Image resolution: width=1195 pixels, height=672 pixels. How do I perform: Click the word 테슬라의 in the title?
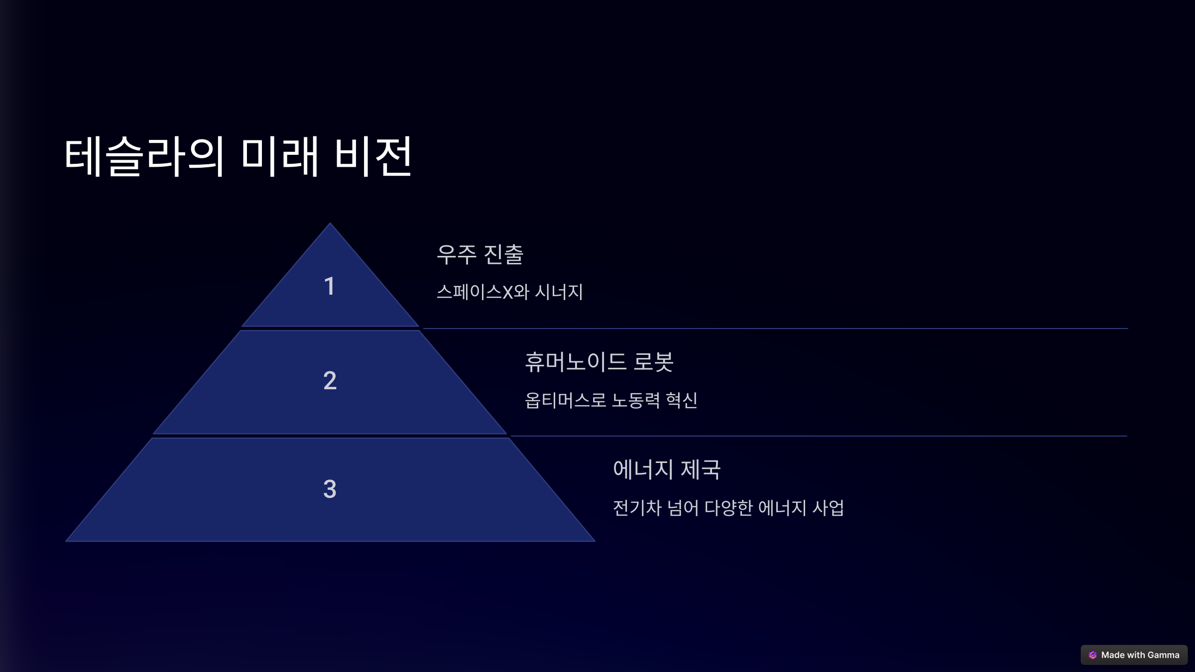144,156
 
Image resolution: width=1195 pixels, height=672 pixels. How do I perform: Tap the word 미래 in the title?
279,156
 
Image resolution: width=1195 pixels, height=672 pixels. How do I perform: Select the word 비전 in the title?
373,156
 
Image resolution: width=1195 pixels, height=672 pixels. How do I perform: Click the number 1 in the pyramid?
329,286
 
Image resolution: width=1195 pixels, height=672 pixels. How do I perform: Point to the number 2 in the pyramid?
330,381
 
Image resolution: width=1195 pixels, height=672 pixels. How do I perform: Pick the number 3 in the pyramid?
330,489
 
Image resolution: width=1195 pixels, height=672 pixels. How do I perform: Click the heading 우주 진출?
479,254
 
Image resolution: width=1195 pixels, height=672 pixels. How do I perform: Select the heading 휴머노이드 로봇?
599,362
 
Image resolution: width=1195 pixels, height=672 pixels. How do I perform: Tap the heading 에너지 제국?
667,469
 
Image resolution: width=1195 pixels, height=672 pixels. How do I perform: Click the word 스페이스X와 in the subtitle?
482,292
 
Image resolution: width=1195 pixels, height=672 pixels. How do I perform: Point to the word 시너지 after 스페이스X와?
559,292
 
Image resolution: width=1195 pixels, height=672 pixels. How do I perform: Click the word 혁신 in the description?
682,400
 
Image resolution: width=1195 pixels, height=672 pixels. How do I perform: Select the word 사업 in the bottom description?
828,508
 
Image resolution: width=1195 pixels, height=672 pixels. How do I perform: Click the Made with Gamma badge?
1134,655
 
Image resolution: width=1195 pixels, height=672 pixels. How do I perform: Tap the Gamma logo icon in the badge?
1092,655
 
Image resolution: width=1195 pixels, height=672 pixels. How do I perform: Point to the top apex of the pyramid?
330,224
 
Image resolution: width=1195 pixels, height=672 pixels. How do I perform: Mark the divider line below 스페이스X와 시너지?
775,329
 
